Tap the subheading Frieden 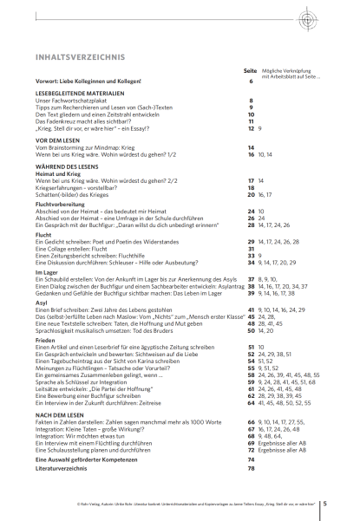point(44,340)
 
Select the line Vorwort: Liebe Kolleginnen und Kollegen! point(88,81)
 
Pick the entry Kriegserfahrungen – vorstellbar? point(76,187)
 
